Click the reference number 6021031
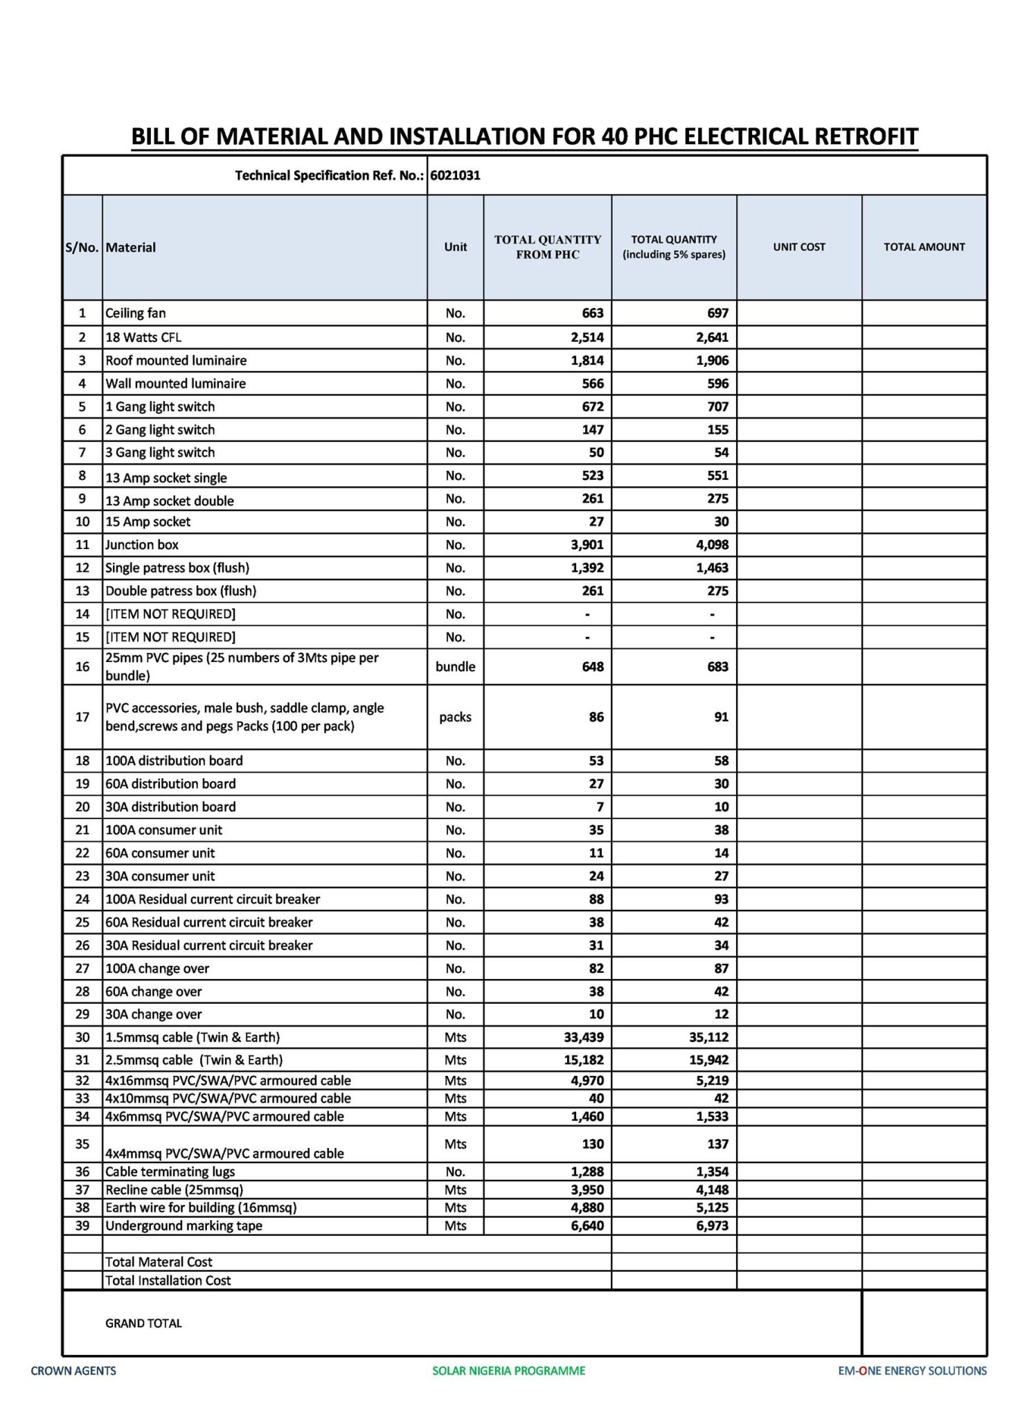click(x=455, y=175)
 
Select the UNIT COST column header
click(x=799, y=247)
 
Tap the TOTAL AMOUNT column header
click(x=924, y=247)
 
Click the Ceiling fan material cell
click(x=136, y=313)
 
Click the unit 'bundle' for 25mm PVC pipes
click(x=455, y=667)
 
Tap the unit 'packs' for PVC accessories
click(x=455, y=717)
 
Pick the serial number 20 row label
click(x=82, y=807)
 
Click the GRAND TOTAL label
click(x=143, y=1323)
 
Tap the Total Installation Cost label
click(x=168, y=1280)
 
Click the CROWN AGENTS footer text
click(x=73, y=1370)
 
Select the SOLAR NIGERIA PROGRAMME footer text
click(x=508, y=1370)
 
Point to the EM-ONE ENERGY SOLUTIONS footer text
click(x=911, y=1370)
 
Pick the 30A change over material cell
click(x=153, y=1014)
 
